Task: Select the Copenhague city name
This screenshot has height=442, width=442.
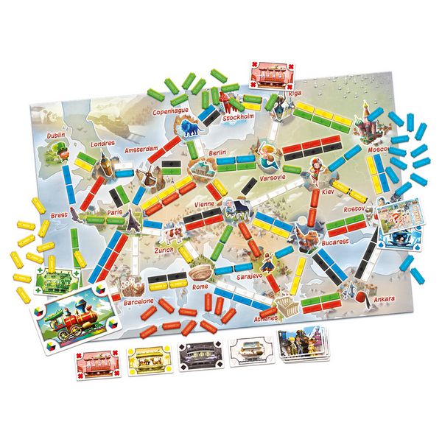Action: pyautogui.click(x=171, y=112)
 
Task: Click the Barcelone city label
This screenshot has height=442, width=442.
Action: pyautogui.click(x=137, y=301)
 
